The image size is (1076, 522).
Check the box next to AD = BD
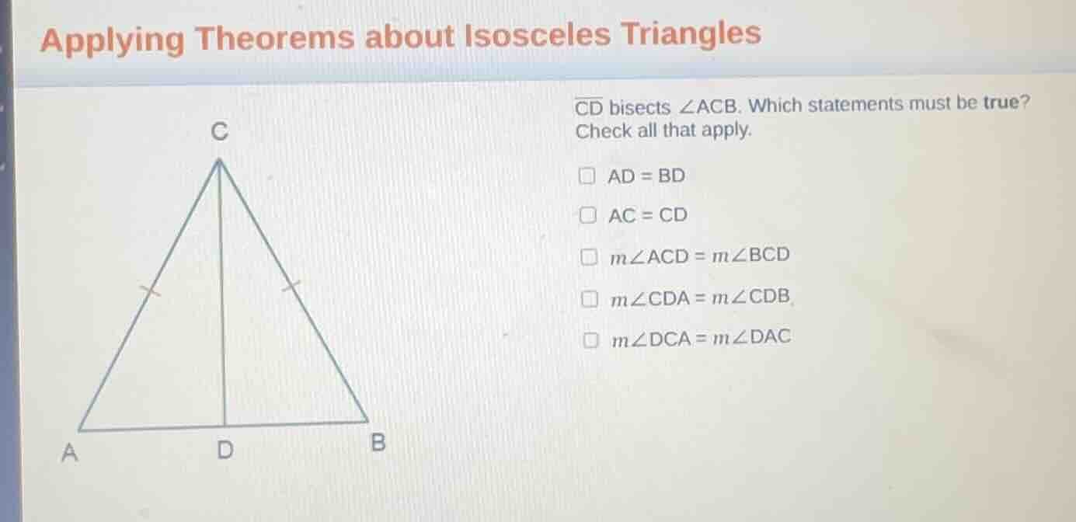588,176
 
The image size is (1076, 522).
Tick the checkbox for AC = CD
589,216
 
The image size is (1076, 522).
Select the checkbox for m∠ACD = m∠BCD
590,256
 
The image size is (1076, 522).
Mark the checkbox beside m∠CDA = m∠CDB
591,298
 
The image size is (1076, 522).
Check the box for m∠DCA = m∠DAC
592,339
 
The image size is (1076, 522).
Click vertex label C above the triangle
221,134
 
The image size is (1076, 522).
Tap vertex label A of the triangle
71,453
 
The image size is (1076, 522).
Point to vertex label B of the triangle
378,444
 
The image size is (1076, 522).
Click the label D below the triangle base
225,450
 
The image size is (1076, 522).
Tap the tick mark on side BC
291,287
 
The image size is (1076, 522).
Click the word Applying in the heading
113,40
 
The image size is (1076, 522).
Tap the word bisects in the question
639,108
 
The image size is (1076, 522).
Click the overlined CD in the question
589,107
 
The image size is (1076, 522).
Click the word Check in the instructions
604,131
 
